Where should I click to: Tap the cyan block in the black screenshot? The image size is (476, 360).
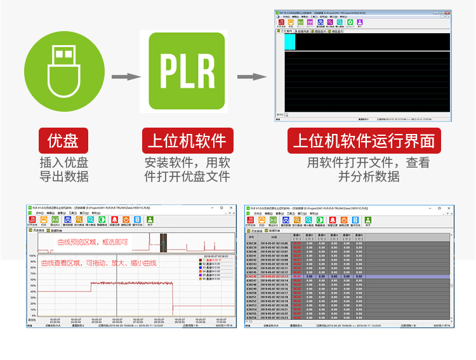(289, 41)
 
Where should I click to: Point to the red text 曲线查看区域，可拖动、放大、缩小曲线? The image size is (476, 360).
(98, 263)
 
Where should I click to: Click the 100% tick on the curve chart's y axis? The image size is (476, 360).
(31, 257)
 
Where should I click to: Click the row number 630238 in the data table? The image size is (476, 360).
(252, 243)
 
